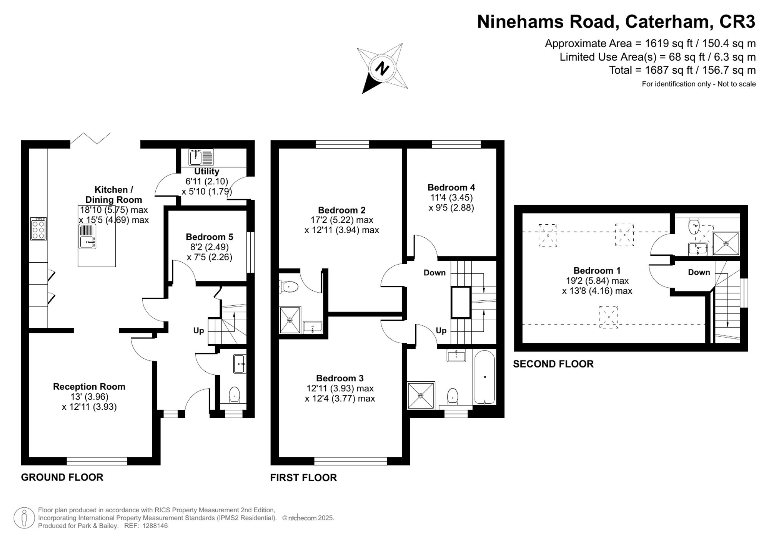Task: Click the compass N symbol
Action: [x=382, y=69]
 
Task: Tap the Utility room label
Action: [x=206, y=171]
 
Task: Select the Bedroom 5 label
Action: [x=210, y=237]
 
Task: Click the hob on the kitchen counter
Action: [x=38, y=229]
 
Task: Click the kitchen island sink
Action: [x=88, y=242]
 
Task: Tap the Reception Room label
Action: [x=89, y=387]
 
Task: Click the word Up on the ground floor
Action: [x=198, y=331]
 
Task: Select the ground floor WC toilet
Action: [x=234, y=395]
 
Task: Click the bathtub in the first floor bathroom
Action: [x=484, y=377]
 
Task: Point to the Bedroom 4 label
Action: [x=451, y=187]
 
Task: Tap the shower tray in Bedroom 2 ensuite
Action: [x=290, y=320]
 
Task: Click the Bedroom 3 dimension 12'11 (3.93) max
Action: [x=340, y=388]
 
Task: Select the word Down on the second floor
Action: [x=699, y=272]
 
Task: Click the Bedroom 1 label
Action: [x=597, y=271]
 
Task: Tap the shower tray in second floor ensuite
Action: [x=726, y=243]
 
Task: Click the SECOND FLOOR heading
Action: [x=553, y=364]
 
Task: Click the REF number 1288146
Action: [x=155, y=526]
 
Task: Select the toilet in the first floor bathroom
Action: [x=453, y=396]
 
